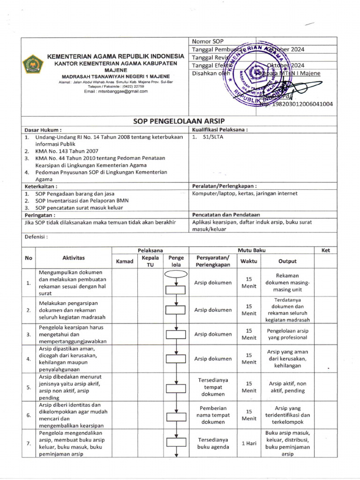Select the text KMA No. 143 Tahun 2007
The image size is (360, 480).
[x=67, y=152]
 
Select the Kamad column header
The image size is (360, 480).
[x=125, y=261]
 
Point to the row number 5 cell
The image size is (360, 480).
[x=29, y=387]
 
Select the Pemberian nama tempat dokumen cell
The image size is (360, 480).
[x=213, y=415]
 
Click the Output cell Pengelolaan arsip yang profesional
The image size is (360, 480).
[x=287, y=334]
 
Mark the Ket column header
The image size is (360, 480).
[x=326, y=251]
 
